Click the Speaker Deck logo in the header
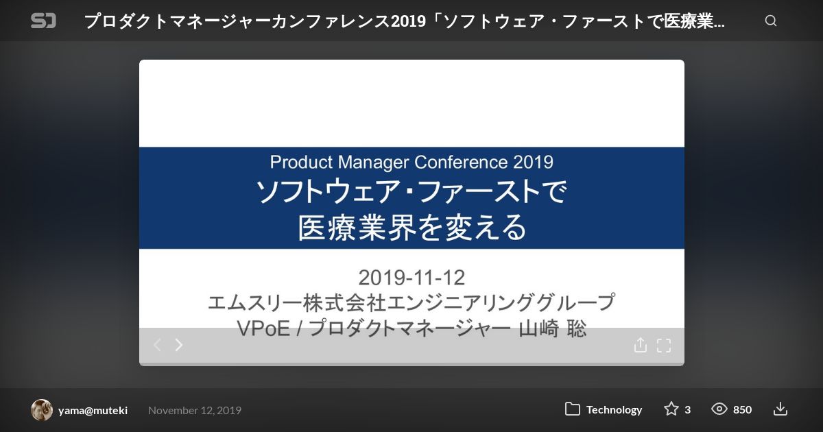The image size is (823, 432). click(x=43, y=21)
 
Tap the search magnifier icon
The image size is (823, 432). click(x=771, y=21)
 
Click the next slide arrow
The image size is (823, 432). click(x=179, y=345)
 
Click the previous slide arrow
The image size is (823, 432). click(x=157, y=345)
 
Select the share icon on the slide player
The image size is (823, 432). click(x=641, y=345)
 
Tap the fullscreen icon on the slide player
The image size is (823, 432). click(x=664, y=346)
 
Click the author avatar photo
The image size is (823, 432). click(x=42, y=409)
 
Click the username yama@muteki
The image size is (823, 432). click(x=93, y=410)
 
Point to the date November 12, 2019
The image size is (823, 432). click(x=195, y=410)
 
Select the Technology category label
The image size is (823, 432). click(x=614, y=409)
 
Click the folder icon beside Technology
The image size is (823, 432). click(x=573, y=409)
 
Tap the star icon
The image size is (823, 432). click(x=671, y=409)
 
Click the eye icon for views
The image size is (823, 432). click(x=719, y=409)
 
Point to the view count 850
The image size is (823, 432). click(x=743, y=409)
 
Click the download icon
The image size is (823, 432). click(x=780, y=409)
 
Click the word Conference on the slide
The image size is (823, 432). click(x=461, y=162)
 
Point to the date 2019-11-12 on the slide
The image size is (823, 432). click(x=411, y=277)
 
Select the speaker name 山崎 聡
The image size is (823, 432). click(x=553, y=328)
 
